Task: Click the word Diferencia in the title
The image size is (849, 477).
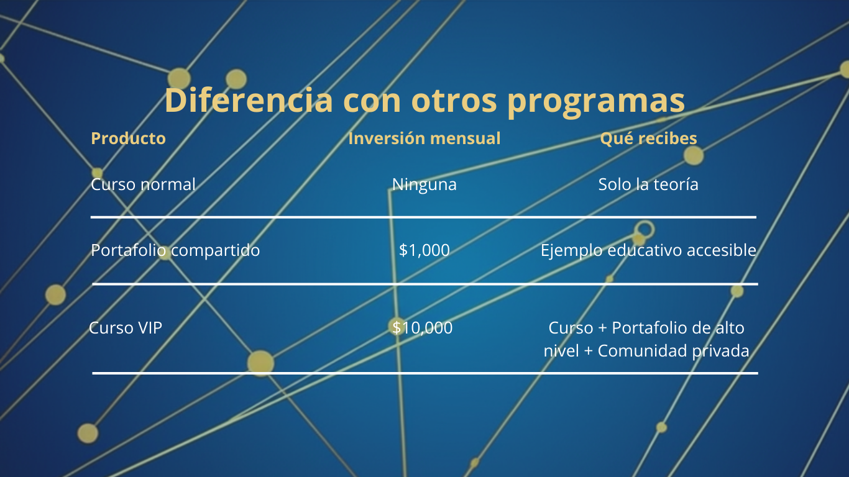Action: pyautogui.click(x=249, y=100)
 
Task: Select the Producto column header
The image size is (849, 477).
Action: pyautogui.click(x=128, y=139)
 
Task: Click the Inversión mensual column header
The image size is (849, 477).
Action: pyautogui.click(x=424, y=138)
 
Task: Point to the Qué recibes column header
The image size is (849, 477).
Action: pyautogui.click(x=648, y=139)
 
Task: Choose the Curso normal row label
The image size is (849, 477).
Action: pyautogui.click(x=144, y=184)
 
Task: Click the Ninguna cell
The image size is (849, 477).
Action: pyautogui.click(x=424, y=185)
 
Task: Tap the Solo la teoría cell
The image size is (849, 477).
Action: pyautogui.click(x=648, y=184)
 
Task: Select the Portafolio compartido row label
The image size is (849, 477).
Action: pyautogui.click(x=175, y=251)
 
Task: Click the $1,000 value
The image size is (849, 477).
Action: pyautogui.click(x=424, y=250)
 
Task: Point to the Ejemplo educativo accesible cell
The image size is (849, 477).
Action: pyautogui.click(x=648, y=251)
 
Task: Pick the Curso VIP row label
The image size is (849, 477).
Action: pyautogui.click(x=126, y=328)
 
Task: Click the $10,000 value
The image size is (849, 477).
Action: pyautogui.click(x=422, y=328)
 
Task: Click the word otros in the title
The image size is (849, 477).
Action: pyautogui.click(x=454, y=101)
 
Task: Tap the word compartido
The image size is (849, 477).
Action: pyautogui.click(x=215, y=251)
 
